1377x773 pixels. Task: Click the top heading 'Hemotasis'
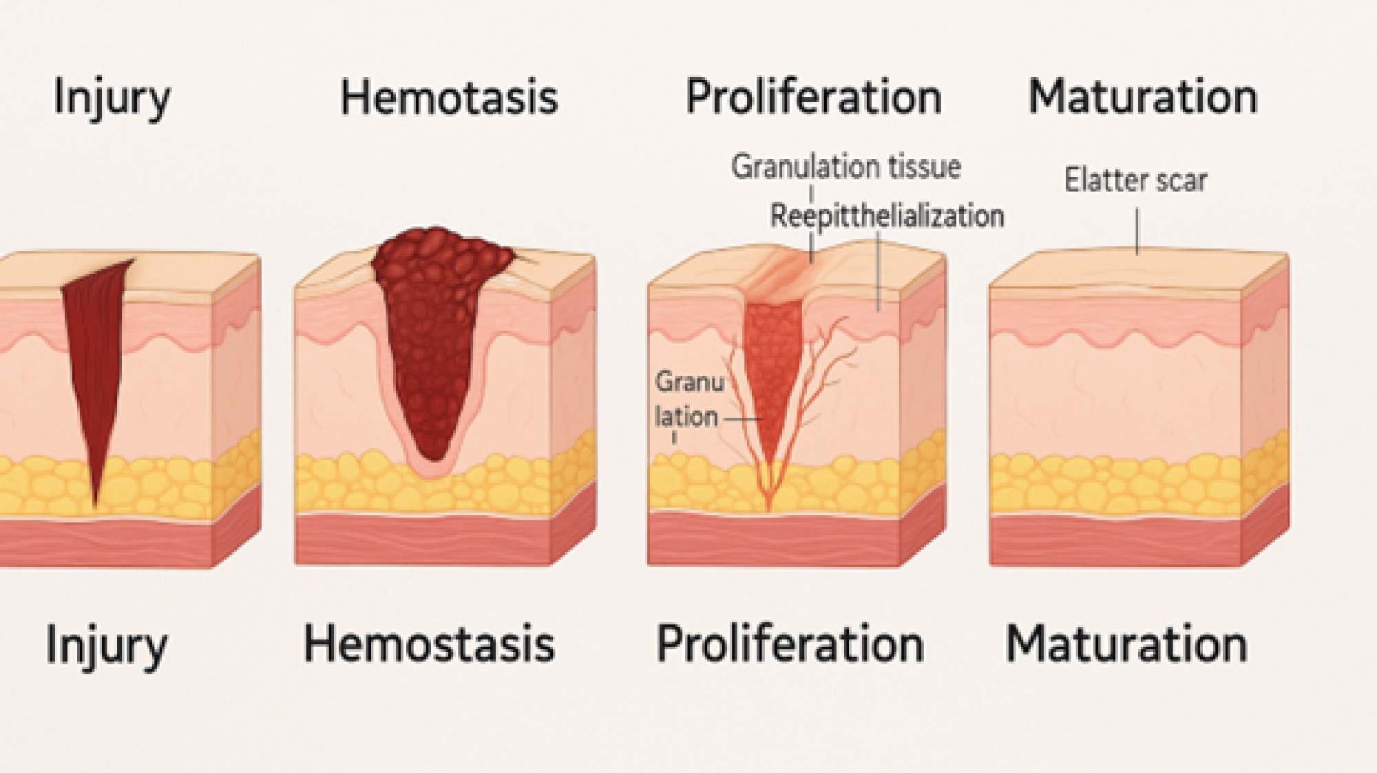click(x=449, y=97)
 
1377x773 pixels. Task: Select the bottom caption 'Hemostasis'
click(x=429, y=644)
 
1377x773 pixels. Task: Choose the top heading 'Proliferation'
click(x=814, y=97)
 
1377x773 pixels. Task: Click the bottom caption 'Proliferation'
click(x=790, y=644)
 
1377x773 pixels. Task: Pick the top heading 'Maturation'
click(x=1143, y=97)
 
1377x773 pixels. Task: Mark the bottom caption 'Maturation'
click(x=1126, y=644)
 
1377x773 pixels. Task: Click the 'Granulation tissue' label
click(x=845, y=167)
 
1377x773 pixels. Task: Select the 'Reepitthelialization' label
click(x=887, y=216)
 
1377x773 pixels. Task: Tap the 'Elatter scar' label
click(x=1135, y=180)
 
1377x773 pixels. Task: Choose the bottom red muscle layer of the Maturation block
click(x=1115, y=540)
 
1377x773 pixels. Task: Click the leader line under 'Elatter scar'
click(x=1137, y=231)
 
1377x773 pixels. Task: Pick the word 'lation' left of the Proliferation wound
click(x=686, y=416)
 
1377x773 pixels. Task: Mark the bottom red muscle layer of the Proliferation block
click(x=774, y=540)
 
